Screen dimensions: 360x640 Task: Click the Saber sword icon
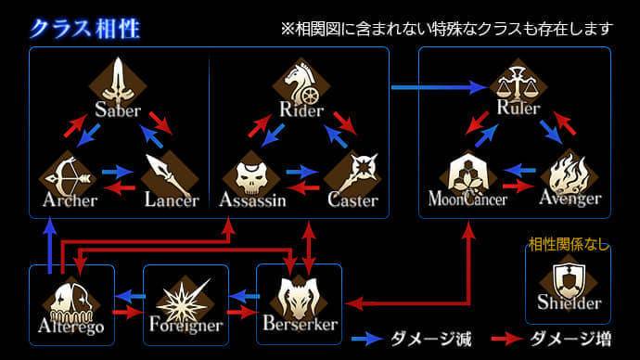click(x=118, y=81)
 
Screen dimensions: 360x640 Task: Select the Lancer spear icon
click(x=171, y=174)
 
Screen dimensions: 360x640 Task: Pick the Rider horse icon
click(x=301, y=81)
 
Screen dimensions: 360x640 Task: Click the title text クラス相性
click(x=84, y=27)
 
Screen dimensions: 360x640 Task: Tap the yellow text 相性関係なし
click(x=568, y=244)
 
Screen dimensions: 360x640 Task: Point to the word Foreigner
click(x=186, y=326)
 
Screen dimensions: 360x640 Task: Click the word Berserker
click(x=299, y=325)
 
